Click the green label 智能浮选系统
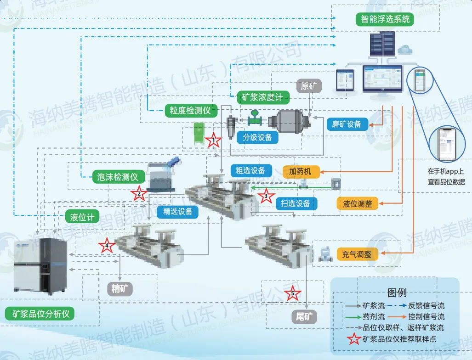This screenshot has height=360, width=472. tap(385, 19)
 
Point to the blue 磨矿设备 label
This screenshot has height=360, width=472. tap(347, 124)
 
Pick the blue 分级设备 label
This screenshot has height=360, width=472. tap(257, 137)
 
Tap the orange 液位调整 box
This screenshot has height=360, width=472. tap(358, 204)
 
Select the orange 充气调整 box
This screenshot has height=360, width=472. tap(357, 254)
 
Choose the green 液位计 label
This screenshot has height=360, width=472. tap(82, 217)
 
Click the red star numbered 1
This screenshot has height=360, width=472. tap(213, 141)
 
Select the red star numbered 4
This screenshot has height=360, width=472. tap(107, 246)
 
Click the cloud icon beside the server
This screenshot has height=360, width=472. tap(405, 49)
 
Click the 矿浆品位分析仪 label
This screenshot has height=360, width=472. tap(41, 314)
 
